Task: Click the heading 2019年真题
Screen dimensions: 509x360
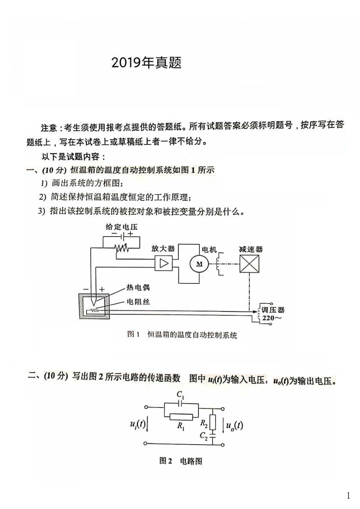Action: tap(146, 63)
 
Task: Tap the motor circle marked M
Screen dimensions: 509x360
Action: tap(199, 264)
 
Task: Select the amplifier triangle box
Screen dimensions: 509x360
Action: tap(164, 263)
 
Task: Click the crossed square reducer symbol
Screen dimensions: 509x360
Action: tap(249, 264)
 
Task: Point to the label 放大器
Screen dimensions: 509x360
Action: tap(163, 249)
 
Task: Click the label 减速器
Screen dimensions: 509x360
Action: tap(251, 250)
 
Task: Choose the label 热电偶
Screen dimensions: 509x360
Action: tap(138, 287)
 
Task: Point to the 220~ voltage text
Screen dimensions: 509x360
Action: tap(272, 318)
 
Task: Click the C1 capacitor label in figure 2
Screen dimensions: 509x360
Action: tap(180, 395)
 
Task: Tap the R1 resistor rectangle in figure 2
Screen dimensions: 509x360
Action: tap(181, 417)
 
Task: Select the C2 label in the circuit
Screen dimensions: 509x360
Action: tap(204, 436)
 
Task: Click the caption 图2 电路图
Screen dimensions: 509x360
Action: tap(181, 461)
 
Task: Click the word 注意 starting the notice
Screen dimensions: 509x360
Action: tap(49, 128)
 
